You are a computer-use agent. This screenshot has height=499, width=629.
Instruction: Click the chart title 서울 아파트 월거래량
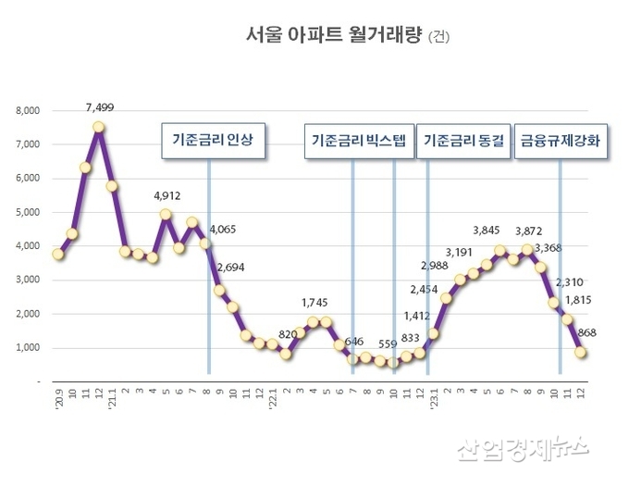click(334, 36)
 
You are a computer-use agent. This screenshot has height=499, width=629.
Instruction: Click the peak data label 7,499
click(99, 107)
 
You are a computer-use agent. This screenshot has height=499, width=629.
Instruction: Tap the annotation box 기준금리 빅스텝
click(358, 142)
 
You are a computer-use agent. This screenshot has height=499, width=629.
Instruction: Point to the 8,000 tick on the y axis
click(27, 111)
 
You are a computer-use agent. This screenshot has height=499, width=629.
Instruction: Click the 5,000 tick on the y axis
click(27, 212)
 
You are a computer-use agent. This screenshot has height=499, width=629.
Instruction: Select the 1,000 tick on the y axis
click(27, 348)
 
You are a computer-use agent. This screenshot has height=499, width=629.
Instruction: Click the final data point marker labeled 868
click(582, 352)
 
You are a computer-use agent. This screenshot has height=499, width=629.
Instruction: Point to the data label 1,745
click(314, 302)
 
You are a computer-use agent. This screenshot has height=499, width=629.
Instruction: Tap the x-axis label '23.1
click(431, 401)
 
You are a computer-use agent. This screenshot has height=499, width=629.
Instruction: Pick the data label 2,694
click(231, 268)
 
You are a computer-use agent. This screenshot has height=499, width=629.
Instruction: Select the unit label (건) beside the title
click(443, 38)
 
